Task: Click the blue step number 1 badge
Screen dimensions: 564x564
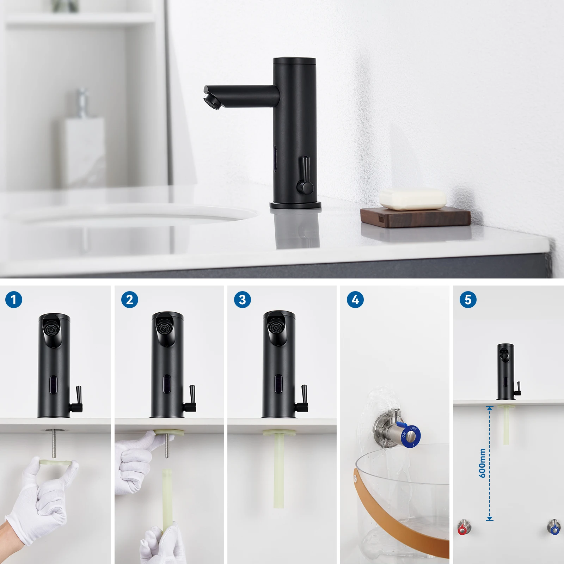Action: click(x=14, y=300)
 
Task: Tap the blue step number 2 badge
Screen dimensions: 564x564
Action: click(x=129, y=300)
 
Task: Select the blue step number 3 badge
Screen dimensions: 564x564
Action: click(x=242, y=300)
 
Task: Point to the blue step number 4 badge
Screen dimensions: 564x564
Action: click(x=355, y=300)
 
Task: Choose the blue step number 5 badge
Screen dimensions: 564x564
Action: click(x=468, y=300)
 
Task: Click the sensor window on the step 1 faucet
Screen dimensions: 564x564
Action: click(x=53, y=383)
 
